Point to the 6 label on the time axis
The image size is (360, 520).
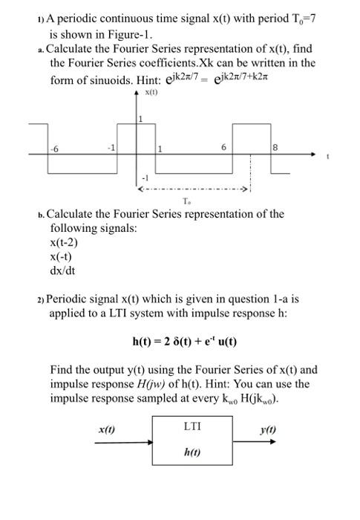(223, 147)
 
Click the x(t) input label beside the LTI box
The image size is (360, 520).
(107, 429)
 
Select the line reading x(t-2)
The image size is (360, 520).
(64, 242)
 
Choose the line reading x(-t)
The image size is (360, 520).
(62, 256)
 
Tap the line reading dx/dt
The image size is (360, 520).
(62, 270)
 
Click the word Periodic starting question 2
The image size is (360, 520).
(70, 299)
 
